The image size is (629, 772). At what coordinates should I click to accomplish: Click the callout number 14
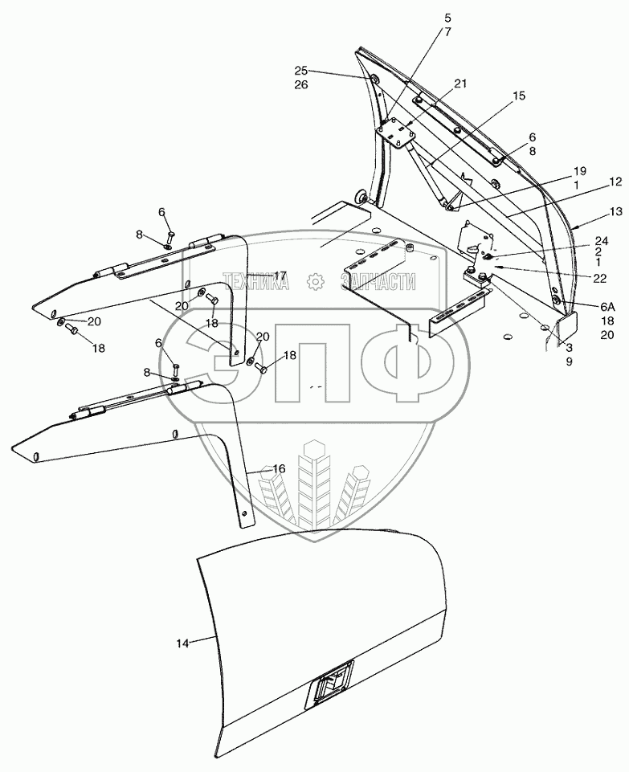(183, 643)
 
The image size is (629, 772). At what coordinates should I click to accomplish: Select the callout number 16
(279, 468)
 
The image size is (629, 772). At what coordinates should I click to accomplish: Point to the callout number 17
(280, 275)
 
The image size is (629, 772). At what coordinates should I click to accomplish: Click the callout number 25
(300, 71)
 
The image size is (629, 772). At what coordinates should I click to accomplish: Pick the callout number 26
(300, 85)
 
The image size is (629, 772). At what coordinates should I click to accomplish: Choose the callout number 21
(459, 84)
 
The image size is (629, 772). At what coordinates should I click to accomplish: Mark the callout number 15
(518, 96)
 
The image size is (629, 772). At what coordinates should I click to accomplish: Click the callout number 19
(579, 171)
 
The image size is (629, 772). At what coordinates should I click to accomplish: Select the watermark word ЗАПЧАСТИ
(378, 282)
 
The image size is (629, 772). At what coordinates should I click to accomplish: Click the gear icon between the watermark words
(316, 282)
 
